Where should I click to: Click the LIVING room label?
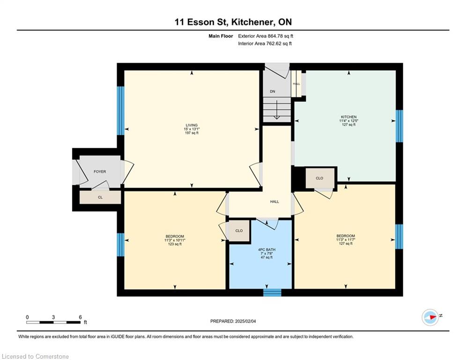192,125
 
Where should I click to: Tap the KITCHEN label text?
348,117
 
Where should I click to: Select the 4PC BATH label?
266,250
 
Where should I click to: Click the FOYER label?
100,172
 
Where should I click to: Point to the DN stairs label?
273,91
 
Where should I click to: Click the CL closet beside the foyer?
100,197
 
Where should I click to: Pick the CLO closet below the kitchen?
320,178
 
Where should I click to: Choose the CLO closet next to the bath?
239,231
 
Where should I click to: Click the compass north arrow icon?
430,317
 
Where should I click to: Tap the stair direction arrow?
277,110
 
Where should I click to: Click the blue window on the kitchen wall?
399,126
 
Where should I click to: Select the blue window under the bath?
272,292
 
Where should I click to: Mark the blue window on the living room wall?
120,111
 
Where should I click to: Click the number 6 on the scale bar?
80,317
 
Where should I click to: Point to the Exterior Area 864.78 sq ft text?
266,36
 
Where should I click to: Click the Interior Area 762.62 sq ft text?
265,44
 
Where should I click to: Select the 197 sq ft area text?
192,133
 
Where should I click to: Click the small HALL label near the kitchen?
296,84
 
